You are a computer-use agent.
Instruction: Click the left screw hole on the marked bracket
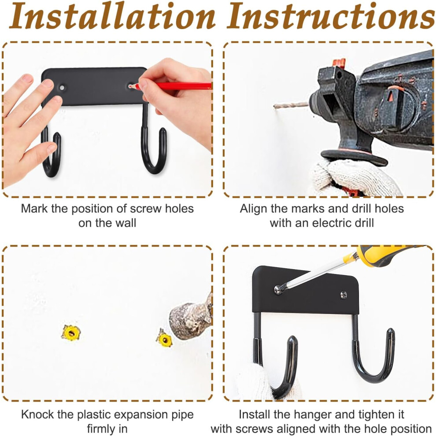[62, 88]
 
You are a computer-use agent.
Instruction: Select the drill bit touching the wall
[291, 105]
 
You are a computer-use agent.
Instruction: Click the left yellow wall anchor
[71, 333]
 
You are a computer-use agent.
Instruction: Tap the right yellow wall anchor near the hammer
[164, 339]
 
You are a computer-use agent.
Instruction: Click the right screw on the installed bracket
[344, 295]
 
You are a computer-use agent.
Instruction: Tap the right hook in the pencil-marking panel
[154, 150]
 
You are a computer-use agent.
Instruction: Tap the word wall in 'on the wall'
[126, 223]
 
